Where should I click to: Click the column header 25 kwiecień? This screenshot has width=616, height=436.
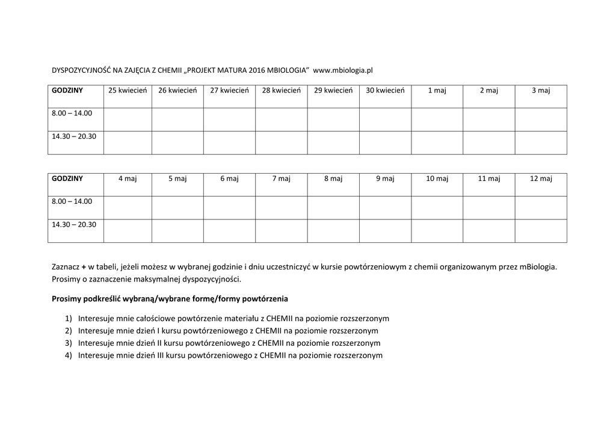point(128,91)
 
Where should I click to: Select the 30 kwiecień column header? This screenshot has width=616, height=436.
point(385,91)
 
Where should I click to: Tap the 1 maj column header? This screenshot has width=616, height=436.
point(437,91)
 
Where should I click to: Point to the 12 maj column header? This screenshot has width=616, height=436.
point(541,179)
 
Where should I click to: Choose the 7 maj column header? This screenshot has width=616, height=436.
point(281,179)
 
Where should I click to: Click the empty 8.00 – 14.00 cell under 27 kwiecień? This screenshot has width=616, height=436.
point(229,119)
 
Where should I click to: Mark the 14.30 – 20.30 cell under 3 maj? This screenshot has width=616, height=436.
point(541,143)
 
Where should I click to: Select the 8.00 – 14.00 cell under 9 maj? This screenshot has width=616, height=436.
point(385,207)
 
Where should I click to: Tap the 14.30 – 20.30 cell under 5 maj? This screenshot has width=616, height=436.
point(177,231)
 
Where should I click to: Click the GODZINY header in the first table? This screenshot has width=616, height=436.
point(67,91)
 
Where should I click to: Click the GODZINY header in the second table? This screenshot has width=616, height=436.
point(67,179)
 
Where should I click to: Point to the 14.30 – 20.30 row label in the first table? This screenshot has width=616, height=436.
point(74,137)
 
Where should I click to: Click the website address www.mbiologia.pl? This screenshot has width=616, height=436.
point(343,70)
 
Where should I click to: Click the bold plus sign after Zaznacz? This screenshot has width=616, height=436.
point(84,266)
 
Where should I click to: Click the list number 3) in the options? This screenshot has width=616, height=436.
point(68,343)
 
